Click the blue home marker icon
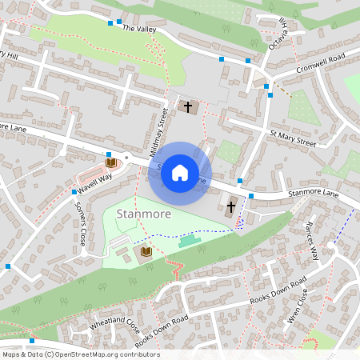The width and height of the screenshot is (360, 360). click(180, 172)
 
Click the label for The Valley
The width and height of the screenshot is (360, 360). click(139, 28)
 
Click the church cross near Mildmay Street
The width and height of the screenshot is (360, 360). click(189, 106)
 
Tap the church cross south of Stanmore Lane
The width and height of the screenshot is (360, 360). click(230, 207)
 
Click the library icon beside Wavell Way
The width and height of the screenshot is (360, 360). click(110, 163)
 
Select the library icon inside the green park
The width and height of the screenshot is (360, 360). click(146, 253)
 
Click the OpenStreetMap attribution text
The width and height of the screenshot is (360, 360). click(80, 354)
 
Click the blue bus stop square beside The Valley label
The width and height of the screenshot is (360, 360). click(119, 20)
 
